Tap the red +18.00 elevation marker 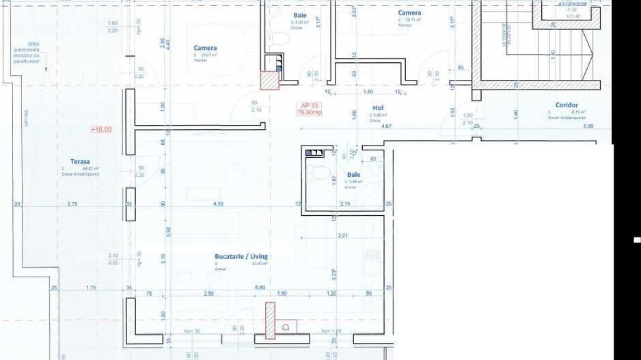click(x=100, y=128)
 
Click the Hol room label click(x=378, y=108)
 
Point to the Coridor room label click(x=567, y=105)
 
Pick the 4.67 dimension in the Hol click(x=386, y=126)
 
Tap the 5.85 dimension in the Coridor click(x=588, y=126)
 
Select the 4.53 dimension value click(x=218, y=204)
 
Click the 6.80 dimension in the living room click(x=260, y=288)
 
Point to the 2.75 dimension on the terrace click(x=72, y=204)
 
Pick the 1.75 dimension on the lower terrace click(x=91, y=288)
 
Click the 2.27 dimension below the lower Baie click(x=343, y=236)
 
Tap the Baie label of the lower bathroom click(x=353, y=175)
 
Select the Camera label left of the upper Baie click(x=205, y=49)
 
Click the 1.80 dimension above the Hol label click(x=368, y=92)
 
